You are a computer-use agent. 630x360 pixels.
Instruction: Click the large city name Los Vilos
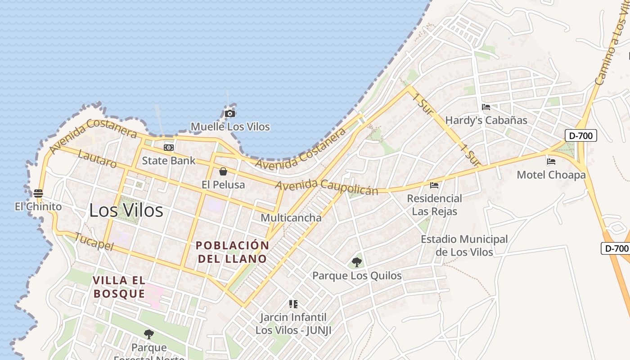tap(126, 210)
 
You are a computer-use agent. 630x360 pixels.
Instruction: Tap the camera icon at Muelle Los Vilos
tap(230, 114)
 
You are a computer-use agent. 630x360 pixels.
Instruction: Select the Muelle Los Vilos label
tap(230, 126)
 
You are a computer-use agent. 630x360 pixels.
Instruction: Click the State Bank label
tap(169, 161)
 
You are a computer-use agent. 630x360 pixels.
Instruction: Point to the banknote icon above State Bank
tap(169, 148)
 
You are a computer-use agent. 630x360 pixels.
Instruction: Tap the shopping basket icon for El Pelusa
tap(223, 171)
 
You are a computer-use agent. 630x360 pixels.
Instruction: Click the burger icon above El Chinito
tap(38, 193)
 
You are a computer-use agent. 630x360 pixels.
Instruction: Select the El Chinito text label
tap(38, 207)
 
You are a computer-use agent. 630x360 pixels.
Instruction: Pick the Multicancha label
tap(291, 218)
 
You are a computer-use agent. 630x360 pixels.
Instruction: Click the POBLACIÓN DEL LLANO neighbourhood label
tap(232, 252)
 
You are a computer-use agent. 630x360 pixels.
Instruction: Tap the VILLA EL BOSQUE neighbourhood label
tap(119, 287)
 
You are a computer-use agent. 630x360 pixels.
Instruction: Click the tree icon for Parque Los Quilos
tap(357, 262)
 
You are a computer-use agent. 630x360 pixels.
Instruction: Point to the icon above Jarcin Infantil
tap(293, 304)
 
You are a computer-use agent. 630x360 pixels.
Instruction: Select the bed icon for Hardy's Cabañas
tap(486, 107)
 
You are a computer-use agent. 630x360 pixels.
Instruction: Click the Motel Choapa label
tap(551, 175)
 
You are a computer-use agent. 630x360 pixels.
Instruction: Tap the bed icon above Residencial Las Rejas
tap(434, 185)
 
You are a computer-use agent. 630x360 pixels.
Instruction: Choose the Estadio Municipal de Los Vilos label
tap(464, 246)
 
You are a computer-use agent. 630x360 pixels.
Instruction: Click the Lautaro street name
tap(97, 159)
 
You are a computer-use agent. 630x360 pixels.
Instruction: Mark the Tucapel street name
tap(94, 242)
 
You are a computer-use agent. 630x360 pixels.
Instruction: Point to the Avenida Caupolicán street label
tap(327, 187)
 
